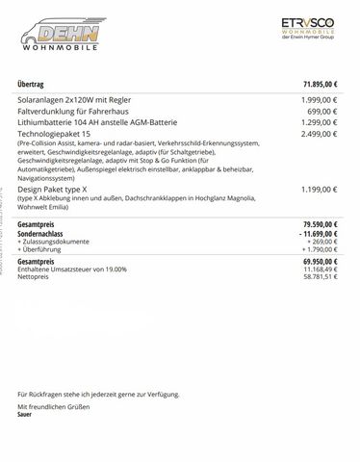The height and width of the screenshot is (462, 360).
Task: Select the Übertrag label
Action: point(34,86)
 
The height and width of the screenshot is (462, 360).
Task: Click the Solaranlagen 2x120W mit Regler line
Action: point(76,101)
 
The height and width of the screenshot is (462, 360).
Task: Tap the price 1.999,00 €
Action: point(319,101)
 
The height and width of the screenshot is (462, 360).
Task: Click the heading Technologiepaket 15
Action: point(58,136)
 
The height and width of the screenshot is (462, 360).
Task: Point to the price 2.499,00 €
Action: point(319,136)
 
